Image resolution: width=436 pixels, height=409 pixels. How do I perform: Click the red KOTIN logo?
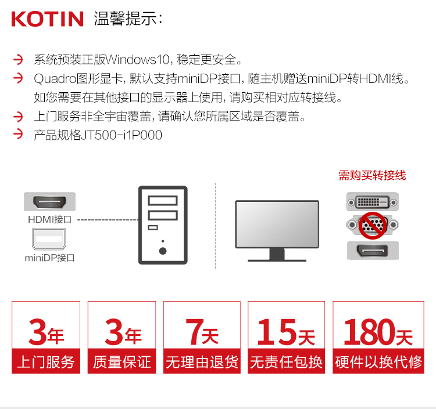(47, 19)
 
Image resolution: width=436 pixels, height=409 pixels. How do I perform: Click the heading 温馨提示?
(125, 19)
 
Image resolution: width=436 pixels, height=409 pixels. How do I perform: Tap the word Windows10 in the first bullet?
(137, 59)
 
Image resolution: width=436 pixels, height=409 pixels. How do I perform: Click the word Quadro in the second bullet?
(55, 79)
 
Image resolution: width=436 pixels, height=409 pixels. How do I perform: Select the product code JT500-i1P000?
(121, 135)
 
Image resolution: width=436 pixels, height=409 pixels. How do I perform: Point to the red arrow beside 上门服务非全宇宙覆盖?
(18, 117)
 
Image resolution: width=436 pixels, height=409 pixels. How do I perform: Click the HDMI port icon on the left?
(49, 201)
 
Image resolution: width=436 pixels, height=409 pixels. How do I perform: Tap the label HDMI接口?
(50, 219)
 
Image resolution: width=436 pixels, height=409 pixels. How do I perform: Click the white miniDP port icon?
(49, 239)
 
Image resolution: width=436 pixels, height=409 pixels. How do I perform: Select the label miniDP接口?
(50, 258)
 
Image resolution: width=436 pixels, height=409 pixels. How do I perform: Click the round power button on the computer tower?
(163, 251)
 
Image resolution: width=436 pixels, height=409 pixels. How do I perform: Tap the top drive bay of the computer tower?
(163, 200)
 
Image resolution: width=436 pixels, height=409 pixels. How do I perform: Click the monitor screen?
(277, 224)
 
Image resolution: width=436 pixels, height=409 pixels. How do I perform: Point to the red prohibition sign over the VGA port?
(372, 225)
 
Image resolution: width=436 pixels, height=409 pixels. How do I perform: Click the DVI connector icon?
(373, 202)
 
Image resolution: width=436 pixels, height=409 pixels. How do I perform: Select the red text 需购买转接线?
(372, 175)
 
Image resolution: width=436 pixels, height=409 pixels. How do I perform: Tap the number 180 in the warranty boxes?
(370, 332)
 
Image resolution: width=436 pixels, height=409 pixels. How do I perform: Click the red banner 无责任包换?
(287, 361)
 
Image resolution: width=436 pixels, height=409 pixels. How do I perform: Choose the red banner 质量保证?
(122, 361)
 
